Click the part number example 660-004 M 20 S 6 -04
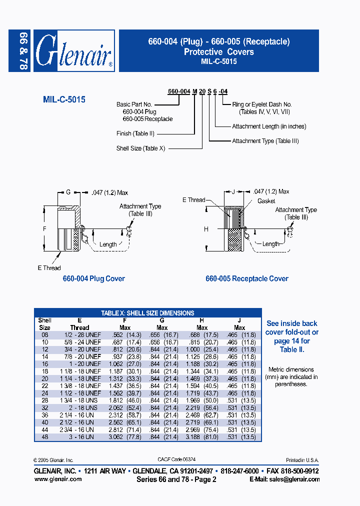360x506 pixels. click(198, 91)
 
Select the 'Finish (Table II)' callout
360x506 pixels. click(135, 133)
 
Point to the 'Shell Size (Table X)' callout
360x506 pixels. click(140, 148)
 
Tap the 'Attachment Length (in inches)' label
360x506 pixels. click(269, 127)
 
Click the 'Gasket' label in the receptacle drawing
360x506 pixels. click(266, 201)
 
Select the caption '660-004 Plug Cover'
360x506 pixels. click(93, 278)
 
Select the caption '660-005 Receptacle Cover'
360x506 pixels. click(247, 278)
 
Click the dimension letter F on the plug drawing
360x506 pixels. click(44, 229)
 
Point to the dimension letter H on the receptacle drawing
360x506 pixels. click(206, 229)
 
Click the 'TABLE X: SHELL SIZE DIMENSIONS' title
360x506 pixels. click(147, 313)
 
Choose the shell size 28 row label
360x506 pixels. click(44, 400)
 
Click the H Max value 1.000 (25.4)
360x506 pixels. click(202, 349)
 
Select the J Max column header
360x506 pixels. click(239, 324)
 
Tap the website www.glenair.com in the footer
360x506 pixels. click(57, 479)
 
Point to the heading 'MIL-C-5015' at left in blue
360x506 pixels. click(64, 99)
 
